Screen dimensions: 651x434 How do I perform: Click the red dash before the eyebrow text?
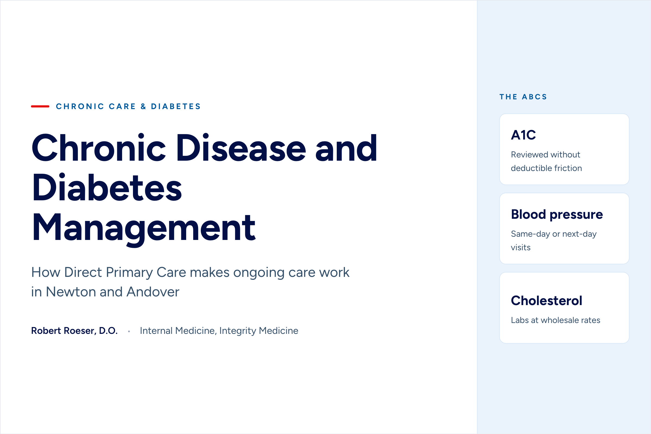pyautogui.click(x=40, y=106)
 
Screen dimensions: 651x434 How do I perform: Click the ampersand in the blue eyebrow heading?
pyautogui.click(x=143, y=107)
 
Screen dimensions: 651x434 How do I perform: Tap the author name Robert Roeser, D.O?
pyautogui.click(x=74, y=331)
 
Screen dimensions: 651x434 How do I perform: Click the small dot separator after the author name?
pyautogui.click(x=129, y=331)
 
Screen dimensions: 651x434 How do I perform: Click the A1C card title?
pyautogui.click(x=523, y=135)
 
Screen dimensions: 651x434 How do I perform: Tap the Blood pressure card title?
pyautogui.click(x=557, y=215)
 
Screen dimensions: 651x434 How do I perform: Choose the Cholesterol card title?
pyautogui.click(x=547, y=300)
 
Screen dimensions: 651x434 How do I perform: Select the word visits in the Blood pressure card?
pyautogui.click(x=521, y=248)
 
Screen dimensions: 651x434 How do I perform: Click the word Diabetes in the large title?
pyautogui.click(x=107, y=187)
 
